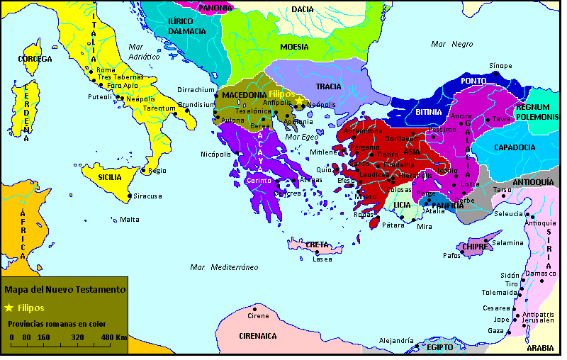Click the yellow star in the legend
click(9, 308)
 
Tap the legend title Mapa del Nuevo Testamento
click(64, 289)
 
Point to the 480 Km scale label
click(113, 337)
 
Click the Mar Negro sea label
click(452, 44)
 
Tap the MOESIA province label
click(294, 47)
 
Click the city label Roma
click(106, 70)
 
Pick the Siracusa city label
click(149, 196)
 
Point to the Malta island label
click(130, 219)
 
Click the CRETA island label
click(317, 244)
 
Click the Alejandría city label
click(396, 341)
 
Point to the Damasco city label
click(542, 274)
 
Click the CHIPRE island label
click(473, 247)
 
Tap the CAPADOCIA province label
click(514, 147)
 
